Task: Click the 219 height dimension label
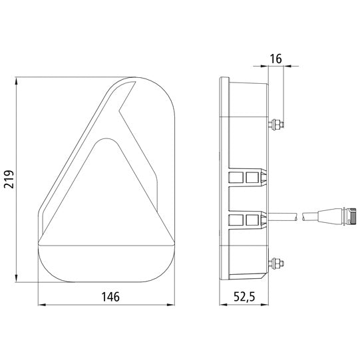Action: click(x=9, y=179)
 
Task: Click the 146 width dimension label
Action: click(x=110, y=297)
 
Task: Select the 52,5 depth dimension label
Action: click(x=244, y=297)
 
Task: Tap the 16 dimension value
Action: click(x=275, y=59)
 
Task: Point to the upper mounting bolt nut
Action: click(x=277, y=124)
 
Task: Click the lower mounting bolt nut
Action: click(x=277, y=264)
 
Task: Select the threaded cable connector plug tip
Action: click(x=353, y=216)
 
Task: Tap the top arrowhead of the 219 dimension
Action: click(x=16, y=81)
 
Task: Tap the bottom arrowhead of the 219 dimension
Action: click(x=16, y=277)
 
